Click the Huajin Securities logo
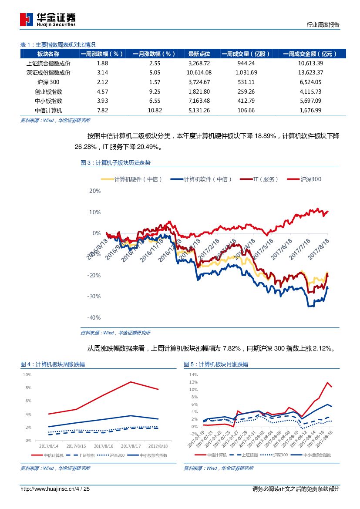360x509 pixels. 48,19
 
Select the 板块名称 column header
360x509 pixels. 48,54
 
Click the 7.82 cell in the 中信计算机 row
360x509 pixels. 102,110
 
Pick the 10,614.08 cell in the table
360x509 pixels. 199,72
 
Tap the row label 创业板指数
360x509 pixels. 48,91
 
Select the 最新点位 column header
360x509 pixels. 199,54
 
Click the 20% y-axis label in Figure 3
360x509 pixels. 95,191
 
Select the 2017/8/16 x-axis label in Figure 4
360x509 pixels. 104,446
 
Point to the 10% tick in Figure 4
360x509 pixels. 27,374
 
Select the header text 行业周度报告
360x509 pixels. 323,25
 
